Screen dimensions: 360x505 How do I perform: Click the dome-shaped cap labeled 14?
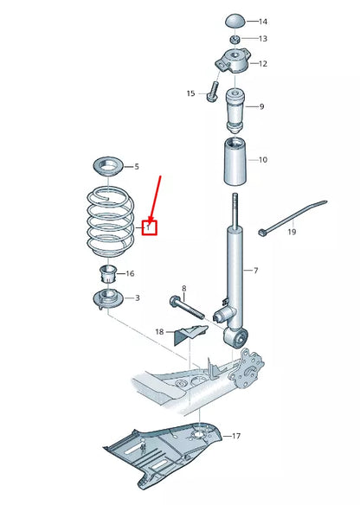click(235, 22)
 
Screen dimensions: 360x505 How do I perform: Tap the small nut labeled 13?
click(235, 40)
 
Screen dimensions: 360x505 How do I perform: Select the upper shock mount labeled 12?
click(234, 61)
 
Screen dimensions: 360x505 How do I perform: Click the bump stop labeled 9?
click(235, 111)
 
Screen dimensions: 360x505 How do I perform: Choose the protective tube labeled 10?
click(235, 162)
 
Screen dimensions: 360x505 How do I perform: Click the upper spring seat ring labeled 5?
click(108, 167)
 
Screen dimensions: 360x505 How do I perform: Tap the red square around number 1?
click(149, 227)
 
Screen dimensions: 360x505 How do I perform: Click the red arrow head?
click(151, 221)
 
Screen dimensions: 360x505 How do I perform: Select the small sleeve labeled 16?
click(107, 273)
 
